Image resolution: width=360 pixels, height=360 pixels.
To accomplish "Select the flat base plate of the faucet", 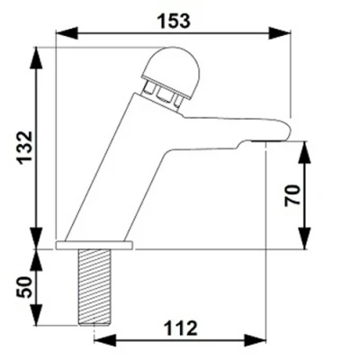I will [95, 245].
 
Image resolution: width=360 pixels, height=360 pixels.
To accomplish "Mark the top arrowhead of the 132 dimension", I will [37, 55].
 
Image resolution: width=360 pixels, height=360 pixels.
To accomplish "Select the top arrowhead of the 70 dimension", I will [303, 148].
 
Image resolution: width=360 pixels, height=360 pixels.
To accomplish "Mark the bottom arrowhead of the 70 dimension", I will [303, 239].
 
